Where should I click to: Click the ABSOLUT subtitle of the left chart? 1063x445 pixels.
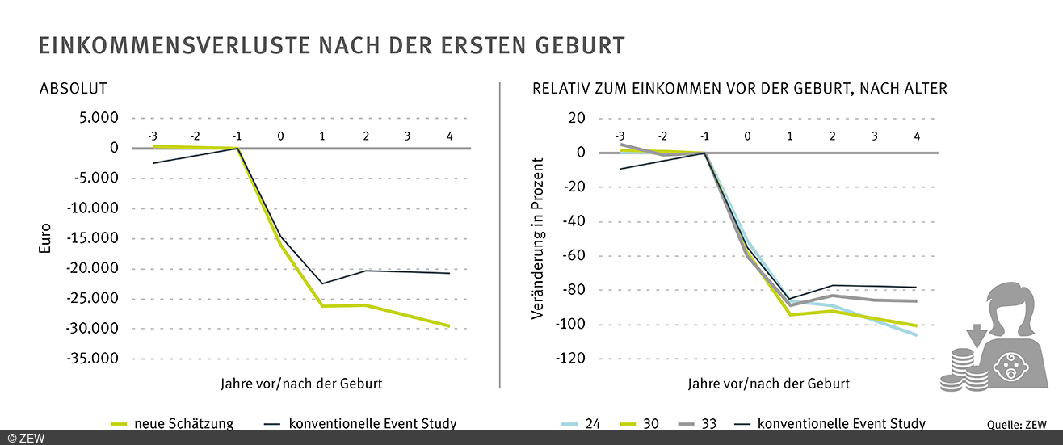[x=74, y=88]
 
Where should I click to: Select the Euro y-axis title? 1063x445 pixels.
[x=46, y=238]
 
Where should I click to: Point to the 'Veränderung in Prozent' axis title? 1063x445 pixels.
[x=537, y=238]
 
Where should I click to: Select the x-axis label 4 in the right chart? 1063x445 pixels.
[x=916, y=136]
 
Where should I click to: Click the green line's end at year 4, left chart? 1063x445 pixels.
[x=449, y=326]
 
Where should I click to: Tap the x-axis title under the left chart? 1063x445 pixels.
[x=300, y=384]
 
